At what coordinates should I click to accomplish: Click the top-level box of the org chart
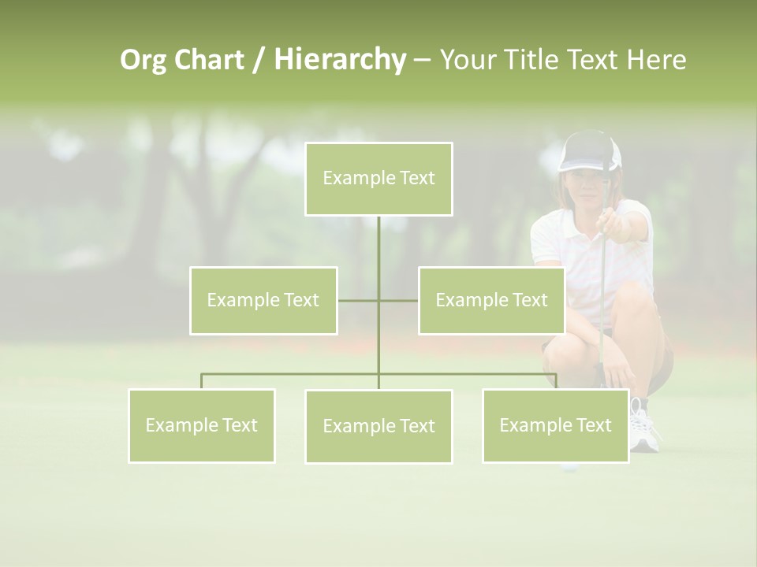pos(378,179)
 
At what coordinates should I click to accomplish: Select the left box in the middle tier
pos(263,300)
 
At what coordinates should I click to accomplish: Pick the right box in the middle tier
pos(491,300)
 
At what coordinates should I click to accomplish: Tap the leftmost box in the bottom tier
pos(201,425)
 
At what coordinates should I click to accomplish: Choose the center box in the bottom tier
pos(378,426)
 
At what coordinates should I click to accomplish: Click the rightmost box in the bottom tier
pos(555,425)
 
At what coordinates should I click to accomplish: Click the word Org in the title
pos(143,60)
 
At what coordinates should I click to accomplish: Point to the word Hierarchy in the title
pos(339,60)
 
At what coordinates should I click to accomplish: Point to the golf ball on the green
pos(567,466)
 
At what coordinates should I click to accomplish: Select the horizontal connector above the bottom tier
pos(292,374)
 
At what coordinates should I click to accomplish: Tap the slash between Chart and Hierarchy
pos(259,61)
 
